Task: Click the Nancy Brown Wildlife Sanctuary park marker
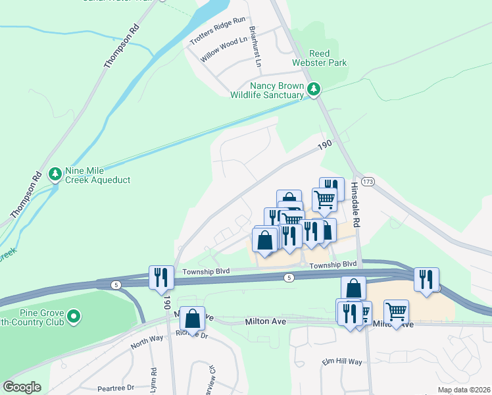click(314, 88)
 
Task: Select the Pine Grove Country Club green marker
click(75, 317)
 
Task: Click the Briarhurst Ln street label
click(255, 47)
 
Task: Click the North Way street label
click(146, 344)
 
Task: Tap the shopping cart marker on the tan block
click(396, 312)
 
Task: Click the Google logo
click(22, 387)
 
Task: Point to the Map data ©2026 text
click(463, 390)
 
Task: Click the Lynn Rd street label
click(153, 381)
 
